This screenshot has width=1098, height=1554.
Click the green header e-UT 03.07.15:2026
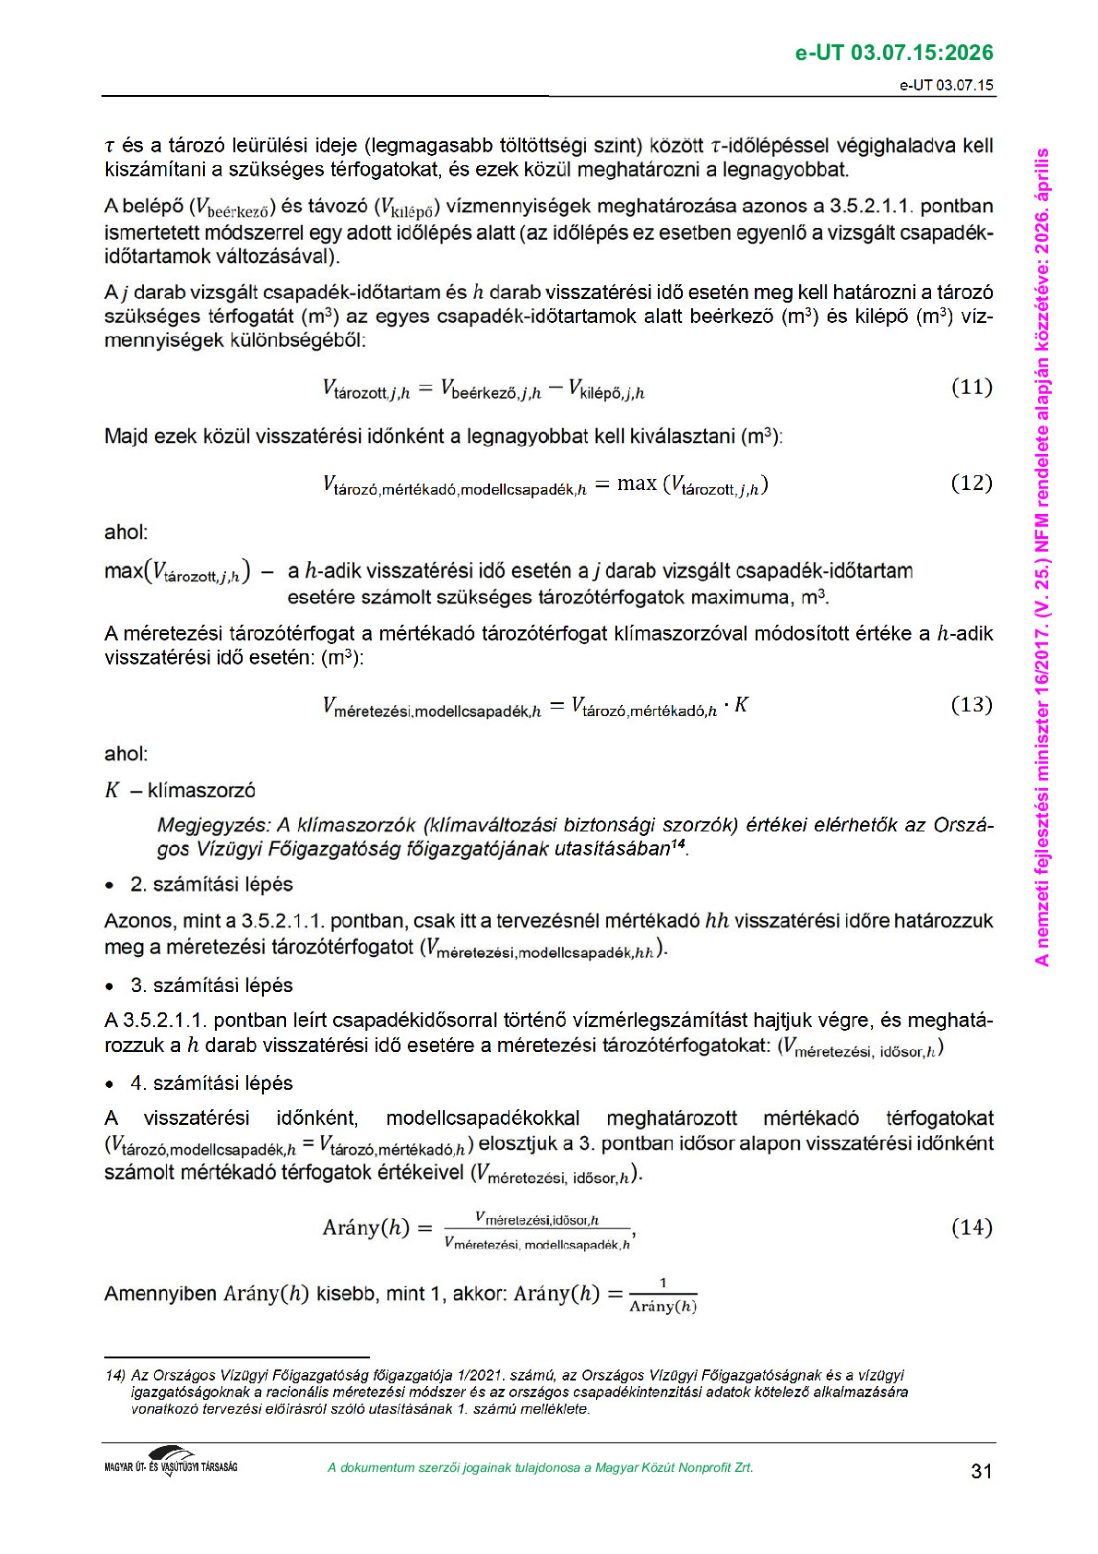click(x=893, y=53)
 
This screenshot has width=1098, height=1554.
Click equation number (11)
click(x=971, y=387)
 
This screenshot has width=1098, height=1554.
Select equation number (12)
click(x=971, y=483)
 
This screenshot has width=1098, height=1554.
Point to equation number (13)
click(x=971, y=705)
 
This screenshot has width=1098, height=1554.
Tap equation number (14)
click(x=971, y=1227)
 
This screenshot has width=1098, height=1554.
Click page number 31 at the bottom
click(x=981, y=1471)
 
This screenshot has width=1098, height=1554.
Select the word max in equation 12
click(x=637, y=484)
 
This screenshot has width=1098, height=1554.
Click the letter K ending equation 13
click(x=741, y=706)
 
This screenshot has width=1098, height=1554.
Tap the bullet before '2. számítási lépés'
click(x=110, y=886)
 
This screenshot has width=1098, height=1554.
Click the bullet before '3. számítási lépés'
click(x=110, y=986)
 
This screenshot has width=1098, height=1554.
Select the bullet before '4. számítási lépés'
click(x=110, y=1084)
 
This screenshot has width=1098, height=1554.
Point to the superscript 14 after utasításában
click(x=678, y=844)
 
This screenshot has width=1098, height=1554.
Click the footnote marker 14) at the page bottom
click(x=115, y=1376)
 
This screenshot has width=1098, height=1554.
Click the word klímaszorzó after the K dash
click(x=201, y=791)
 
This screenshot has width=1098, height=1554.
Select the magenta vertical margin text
click(x=1043, y=554)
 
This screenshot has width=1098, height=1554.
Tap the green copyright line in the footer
click(x=540, y=1468)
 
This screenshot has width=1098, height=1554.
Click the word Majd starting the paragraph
click(x=125, y=436)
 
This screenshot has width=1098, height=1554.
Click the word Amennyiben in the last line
click(x=161, y=1294)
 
